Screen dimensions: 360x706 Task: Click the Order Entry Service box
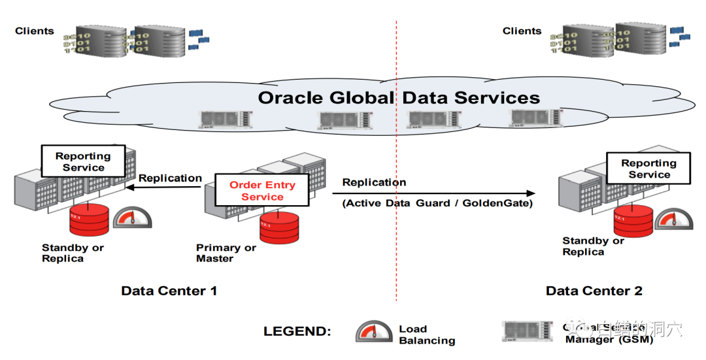(262, 191)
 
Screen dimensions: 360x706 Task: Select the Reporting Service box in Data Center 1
(83, 161)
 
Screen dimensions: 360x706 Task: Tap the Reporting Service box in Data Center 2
(648, 169)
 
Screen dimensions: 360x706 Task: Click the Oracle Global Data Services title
(399, 98)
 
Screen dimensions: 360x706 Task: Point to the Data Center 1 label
(169, 291)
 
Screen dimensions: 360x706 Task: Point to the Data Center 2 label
(594, 291)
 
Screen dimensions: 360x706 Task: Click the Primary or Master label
(226, 253)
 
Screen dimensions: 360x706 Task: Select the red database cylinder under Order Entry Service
(279, 226)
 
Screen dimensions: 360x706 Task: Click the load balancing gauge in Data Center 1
(132, 218)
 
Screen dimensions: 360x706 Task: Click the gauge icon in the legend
(374, 331)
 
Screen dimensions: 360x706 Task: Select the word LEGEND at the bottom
(297, 331)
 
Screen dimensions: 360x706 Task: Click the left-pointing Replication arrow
(163, 188)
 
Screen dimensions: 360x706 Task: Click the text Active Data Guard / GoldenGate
(437, 203)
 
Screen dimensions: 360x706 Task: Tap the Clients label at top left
(35, 31)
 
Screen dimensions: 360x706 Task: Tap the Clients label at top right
(522, 31)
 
